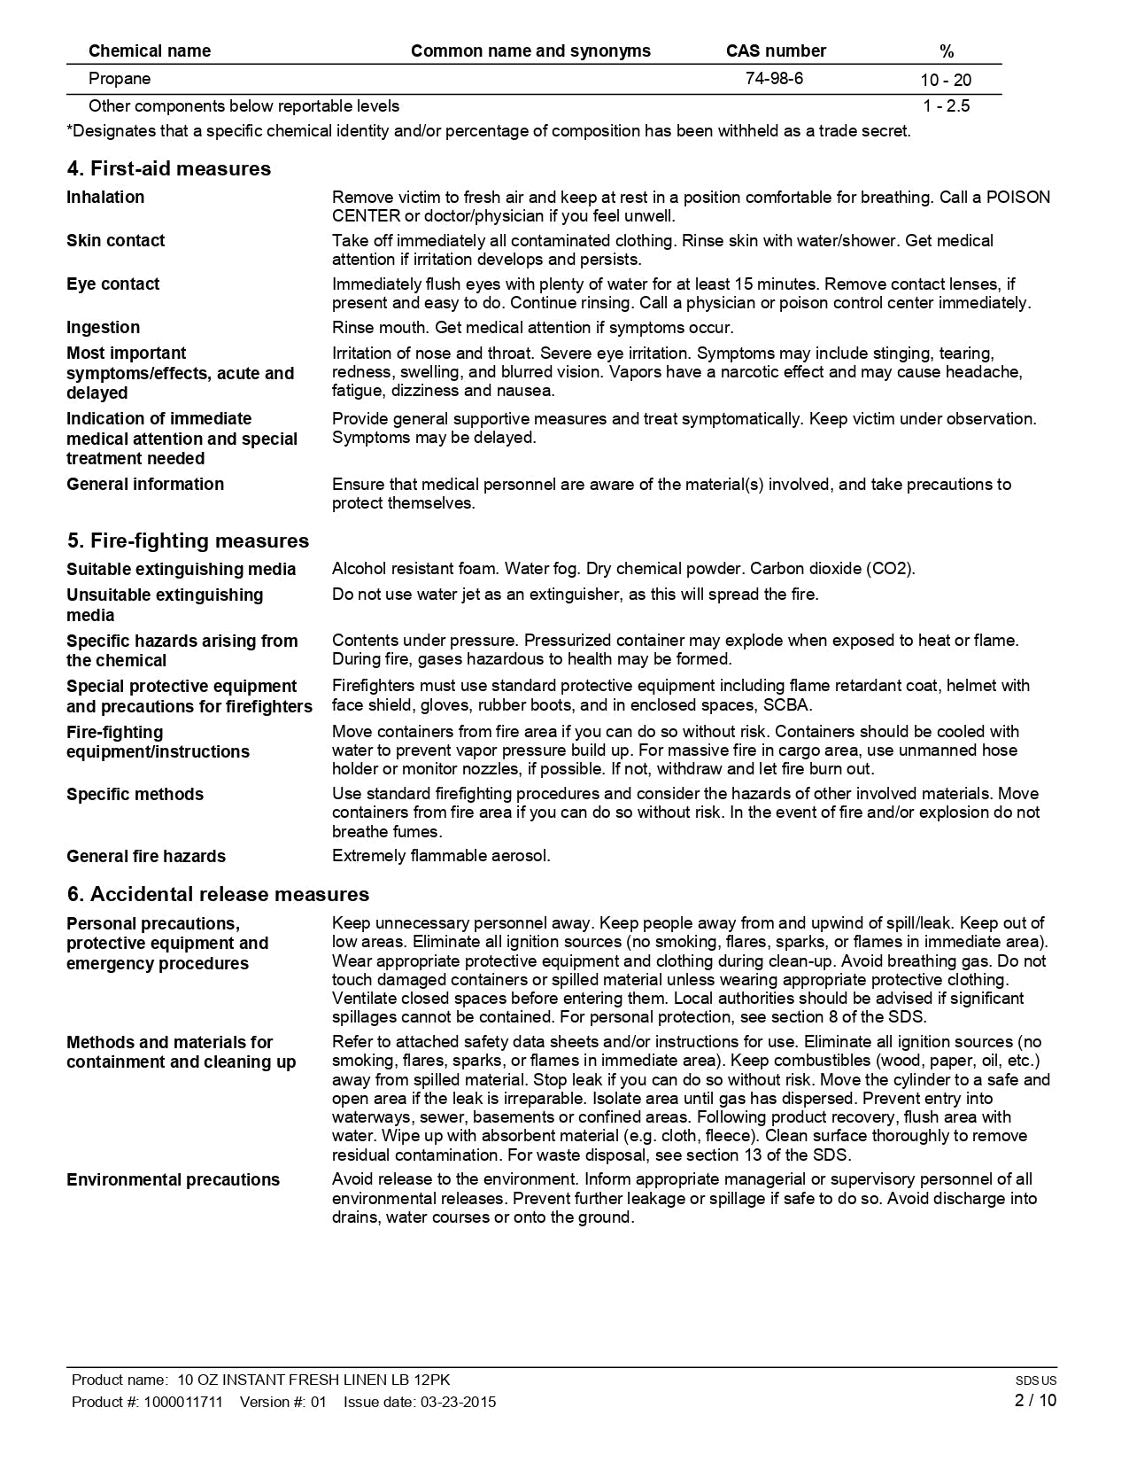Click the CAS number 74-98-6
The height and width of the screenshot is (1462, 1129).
pyautogui.click(x=774, y=78)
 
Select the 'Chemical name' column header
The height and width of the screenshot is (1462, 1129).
pyautogui.click(x=150, y=51)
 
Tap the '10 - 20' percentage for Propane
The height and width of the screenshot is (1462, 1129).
pyautogui.click(x=946, y=80)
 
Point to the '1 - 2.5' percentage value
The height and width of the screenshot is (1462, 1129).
pyautogui.click(x=946, y=106)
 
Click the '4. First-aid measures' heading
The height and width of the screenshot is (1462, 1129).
pyautogui.click(x=168, y=168)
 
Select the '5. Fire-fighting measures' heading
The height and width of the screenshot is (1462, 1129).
pyautogui.click(x=188, y=540)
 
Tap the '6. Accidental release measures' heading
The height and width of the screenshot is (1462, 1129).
pyautogui.click(x=218, y=894)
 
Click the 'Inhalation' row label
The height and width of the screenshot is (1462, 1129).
pyautogui.click(x=105, y=197)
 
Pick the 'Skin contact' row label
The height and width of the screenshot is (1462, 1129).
pyautogui.click(x=115, y=240)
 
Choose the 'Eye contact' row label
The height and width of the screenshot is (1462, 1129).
pyautogui.click(x=112, y=284)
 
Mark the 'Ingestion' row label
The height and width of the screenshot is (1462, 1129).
pyautogui.click(x=103, y=327)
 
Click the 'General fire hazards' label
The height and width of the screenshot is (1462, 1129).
pyautogui.click(x=146, y=856)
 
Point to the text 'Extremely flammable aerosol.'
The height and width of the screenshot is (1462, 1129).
pyautogui.click(x=441, y=855)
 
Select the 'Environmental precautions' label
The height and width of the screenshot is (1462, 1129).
pyautogui.click(x=173, y=1179)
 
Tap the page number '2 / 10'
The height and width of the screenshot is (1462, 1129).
pyautogui.click(x=1035, y=1400)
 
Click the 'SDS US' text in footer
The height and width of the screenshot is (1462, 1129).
pyautogui.click(x=1036, y=1380)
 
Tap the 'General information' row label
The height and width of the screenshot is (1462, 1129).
pyautogui.click(x=145, y=484)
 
